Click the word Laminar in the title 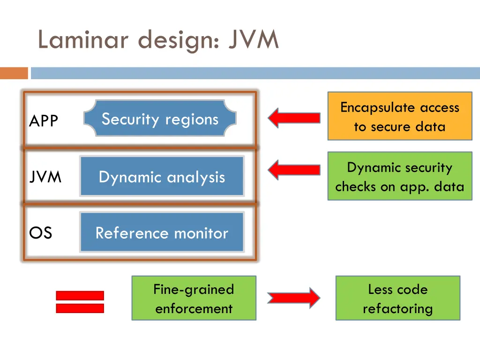tap(82, 40)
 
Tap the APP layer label tap(44, 121)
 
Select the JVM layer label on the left tap(45, 177)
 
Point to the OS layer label tap(41, 232)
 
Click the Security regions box tap(160, 119)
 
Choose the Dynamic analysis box tap(162, 177)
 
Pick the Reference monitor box tap(162, 232)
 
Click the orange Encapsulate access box tap(399, 116)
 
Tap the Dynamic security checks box tap(399, 176)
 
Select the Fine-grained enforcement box tap(194, 298)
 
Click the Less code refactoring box tap(397, 298)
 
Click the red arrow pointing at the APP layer tap(294, 118)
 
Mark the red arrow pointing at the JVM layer tap(294, 170)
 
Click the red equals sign tap(80, 301)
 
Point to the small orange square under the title tap(14, 73)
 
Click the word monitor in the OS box tap(201, 232)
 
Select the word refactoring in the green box tap(397, 308)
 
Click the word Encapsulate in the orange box tap(369, 107)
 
